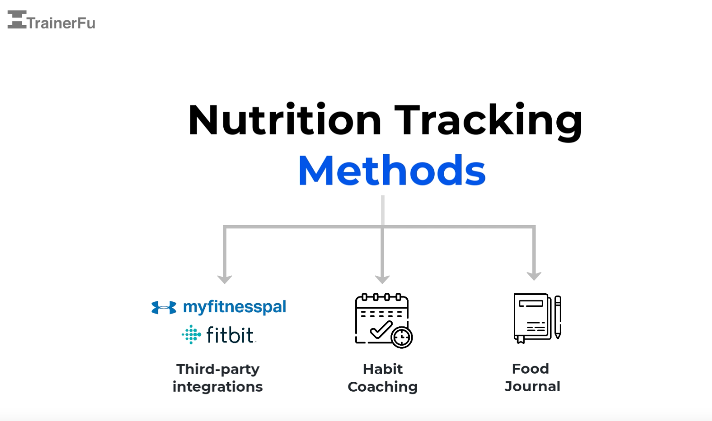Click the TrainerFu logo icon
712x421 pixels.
(x=17, y=20)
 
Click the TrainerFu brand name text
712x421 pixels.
(x=62, y=23)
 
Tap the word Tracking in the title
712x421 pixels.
(x=488, y=121)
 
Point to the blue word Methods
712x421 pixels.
(x=392, y=171)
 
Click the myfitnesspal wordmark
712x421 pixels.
(x=235, y=307)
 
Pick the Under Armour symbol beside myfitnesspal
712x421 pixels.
(x=164, y=307)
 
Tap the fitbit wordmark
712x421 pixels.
(x=230, y=335)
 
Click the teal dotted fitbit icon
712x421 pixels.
(x=192, y=334)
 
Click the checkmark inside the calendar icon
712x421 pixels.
(x=381, y=329)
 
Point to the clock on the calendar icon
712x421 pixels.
(x=402, y=338)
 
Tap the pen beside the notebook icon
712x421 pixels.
(x=558, y=317)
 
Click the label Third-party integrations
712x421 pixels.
(x=218, y=377)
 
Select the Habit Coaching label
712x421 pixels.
(x=383, y=377)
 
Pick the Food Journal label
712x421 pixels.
(x=532, y=377)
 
